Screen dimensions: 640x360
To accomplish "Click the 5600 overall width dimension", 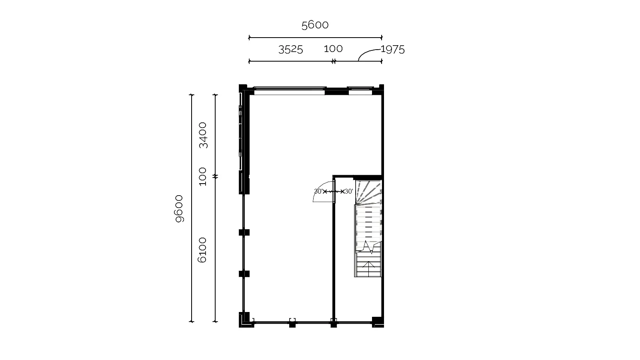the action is coord(315,25).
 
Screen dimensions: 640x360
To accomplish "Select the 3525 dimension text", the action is coord(290,50).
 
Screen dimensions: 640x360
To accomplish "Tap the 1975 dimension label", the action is coord(393,50).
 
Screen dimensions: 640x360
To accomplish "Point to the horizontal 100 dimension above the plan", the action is coord(333,49).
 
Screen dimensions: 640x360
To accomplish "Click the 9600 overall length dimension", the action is coord(179,208).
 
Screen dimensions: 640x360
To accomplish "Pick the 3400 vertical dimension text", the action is coord(203,135).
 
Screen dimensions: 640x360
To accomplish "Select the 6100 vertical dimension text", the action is coord(202,250).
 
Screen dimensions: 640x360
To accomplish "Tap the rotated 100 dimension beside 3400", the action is coord(202,176).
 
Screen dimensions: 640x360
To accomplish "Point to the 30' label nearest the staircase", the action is coord(349,192).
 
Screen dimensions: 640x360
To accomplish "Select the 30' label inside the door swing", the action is coord(318,192).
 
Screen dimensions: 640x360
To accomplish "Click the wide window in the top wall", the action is coord(290,91).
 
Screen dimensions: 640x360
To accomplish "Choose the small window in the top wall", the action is coord(360,91).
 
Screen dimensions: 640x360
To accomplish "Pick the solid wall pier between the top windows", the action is coord(336,92).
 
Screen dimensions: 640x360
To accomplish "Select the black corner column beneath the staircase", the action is coord(378,322).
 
